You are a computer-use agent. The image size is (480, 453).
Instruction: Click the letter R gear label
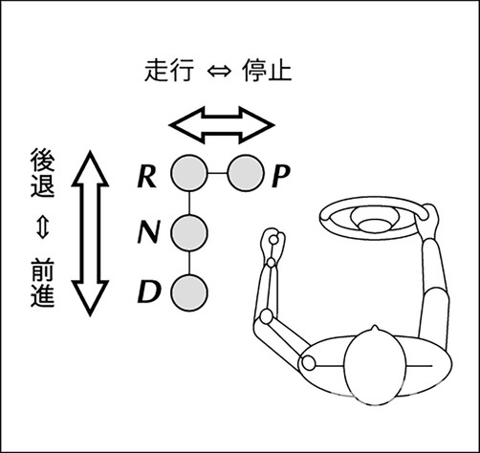pyautogui.click(x=145, y=175)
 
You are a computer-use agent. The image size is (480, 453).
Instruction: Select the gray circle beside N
pyautogui.click(x=189, y=232)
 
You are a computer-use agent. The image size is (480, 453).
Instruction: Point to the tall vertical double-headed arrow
pyautogui.click(x=90, y=232)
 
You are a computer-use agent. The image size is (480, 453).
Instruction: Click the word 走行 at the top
pyautogui.click(x=173, y=72)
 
